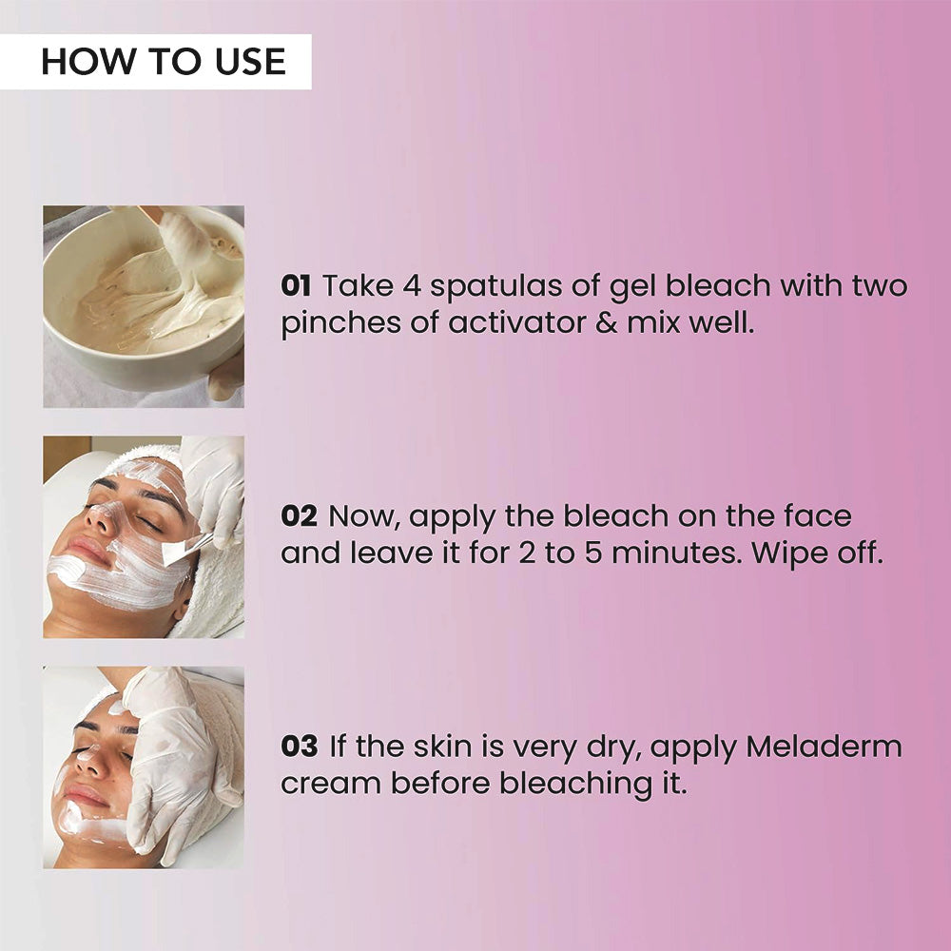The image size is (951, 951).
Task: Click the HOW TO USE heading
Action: tap(164, 62)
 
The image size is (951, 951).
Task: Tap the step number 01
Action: tap(296, 285)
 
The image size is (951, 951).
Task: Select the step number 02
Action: tap(299, 516)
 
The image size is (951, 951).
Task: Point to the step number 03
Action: tap(299, 747)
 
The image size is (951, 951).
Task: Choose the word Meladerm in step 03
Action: tap(824, 747)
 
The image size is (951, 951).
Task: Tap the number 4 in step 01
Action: tap(412, 286)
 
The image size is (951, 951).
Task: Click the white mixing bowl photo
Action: tap(144, 306)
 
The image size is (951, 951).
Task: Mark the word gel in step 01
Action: tap(632, 287)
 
